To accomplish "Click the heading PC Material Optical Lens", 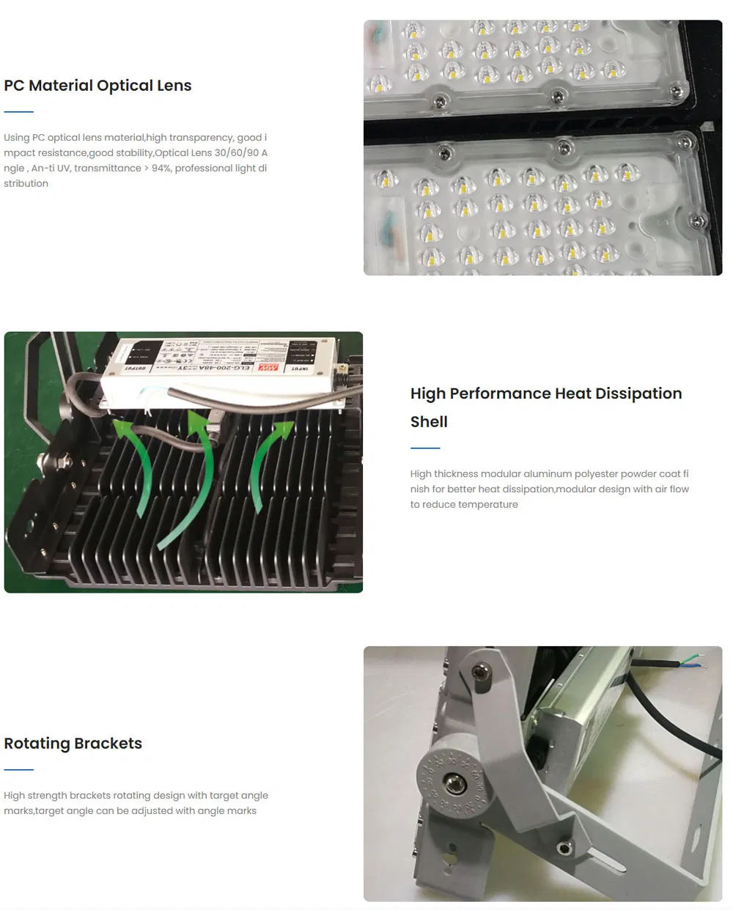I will [97, 86].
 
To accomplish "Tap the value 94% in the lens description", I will [161, 169].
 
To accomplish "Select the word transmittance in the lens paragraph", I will [108, 169].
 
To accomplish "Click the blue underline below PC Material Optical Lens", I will [19, 112].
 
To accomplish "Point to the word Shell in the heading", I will [429, 422].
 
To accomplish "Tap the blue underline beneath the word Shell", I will [425, 448].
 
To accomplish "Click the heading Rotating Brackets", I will [73, 744].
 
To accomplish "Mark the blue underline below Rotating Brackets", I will [19, 770].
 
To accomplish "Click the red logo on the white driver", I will [273, 366].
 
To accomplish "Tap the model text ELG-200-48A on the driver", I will [220, 367].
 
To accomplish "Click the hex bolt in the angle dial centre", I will [455, 785].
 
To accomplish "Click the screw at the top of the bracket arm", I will [481, 670].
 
